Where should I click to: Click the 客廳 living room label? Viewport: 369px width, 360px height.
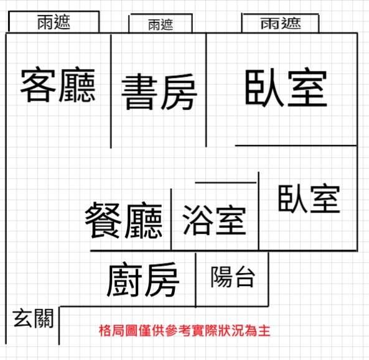click(58, 85)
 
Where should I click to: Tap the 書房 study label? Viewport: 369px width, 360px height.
click(159, 92)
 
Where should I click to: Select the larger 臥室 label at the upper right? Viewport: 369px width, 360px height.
click(286, 87)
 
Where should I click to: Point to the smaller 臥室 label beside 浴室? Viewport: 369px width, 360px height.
click(309, 199)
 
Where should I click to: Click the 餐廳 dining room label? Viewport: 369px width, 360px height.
click(124, 220)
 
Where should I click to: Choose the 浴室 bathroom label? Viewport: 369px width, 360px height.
click(214, 220)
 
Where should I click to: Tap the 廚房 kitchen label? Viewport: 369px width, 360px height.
click(143, 280)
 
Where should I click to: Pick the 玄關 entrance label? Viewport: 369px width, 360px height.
click(33, 318)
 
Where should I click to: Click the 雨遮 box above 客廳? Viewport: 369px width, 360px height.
click(54, 21)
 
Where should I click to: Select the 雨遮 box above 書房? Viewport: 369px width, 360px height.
click(161, 23)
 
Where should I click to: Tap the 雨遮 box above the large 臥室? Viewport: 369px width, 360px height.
click(280, 23)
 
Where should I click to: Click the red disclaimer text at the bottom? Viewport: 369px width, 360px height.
click(184, 331)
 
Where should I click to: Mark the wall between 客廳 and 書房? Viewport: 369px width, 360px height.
click(111, 91)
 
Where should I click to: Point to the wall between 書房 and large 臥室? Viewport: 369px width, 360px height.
click(206, 90)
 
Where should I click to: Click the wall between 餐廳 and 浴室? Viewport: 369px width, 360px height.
click(171, 219)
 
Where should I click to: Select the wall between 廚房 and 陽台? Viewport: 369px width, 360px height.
click(195, 279)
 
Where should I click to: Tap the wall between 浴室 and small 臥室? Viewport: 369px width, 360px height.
click(259, 211)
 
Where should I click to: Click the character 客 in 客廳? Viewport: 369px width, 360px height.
click(38, 85)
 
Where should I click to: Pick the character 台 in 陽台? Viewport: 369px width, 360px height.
click(245, 277)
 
